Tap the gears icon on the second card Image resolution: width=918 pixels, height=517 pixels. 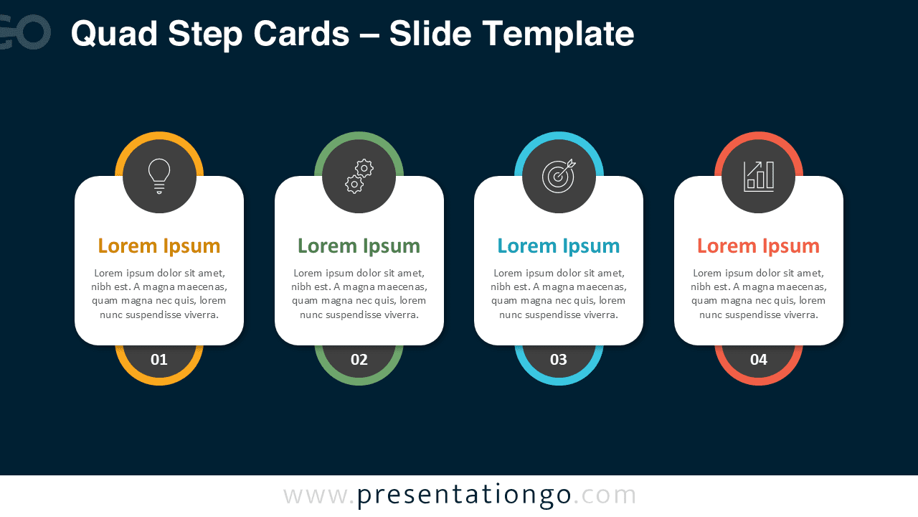click(x=359, y=176)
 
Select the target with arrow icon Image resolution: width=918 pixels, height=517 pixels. click(x=559, y=176)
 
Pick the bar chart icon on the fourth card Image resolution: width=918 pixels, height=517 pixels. click(x=759, y=176)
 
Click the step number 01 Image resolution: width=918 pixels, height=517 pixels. click(x=159, y=360)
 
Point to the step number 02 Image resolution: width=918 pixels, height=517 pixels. click(x=359, y=360)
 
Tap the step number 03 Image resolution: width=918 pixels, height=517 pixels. click(x=559, y=360)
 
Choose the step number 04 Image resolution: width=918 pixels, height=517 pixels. click(x=759, y=360)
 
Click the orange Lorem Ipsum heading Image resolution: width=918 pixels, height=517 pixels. click(x=159, y=246)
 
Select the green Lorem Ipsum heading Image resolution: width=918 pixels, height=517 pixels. click(x=359, y=246)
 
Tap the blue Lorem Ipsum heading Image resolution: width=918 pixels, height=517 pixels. click(x=559, y=246)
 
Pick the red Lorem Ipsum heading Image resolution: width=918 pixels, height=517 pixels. click(x=759, y=246)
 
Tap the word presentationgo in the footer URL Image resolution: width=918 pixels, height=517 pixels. click(x=464, y=495)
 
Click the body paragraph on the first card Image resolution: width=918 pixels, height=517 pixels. click(x=159, y=294)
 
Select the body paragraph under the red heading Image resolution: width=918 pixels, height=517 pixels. click(x=759, y=294)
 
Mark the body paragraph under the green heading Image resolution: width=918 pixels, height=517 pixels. click(x=359, y=294)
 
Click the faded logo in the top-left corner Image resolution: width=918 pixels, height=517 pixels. click(x=25, y=32)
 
